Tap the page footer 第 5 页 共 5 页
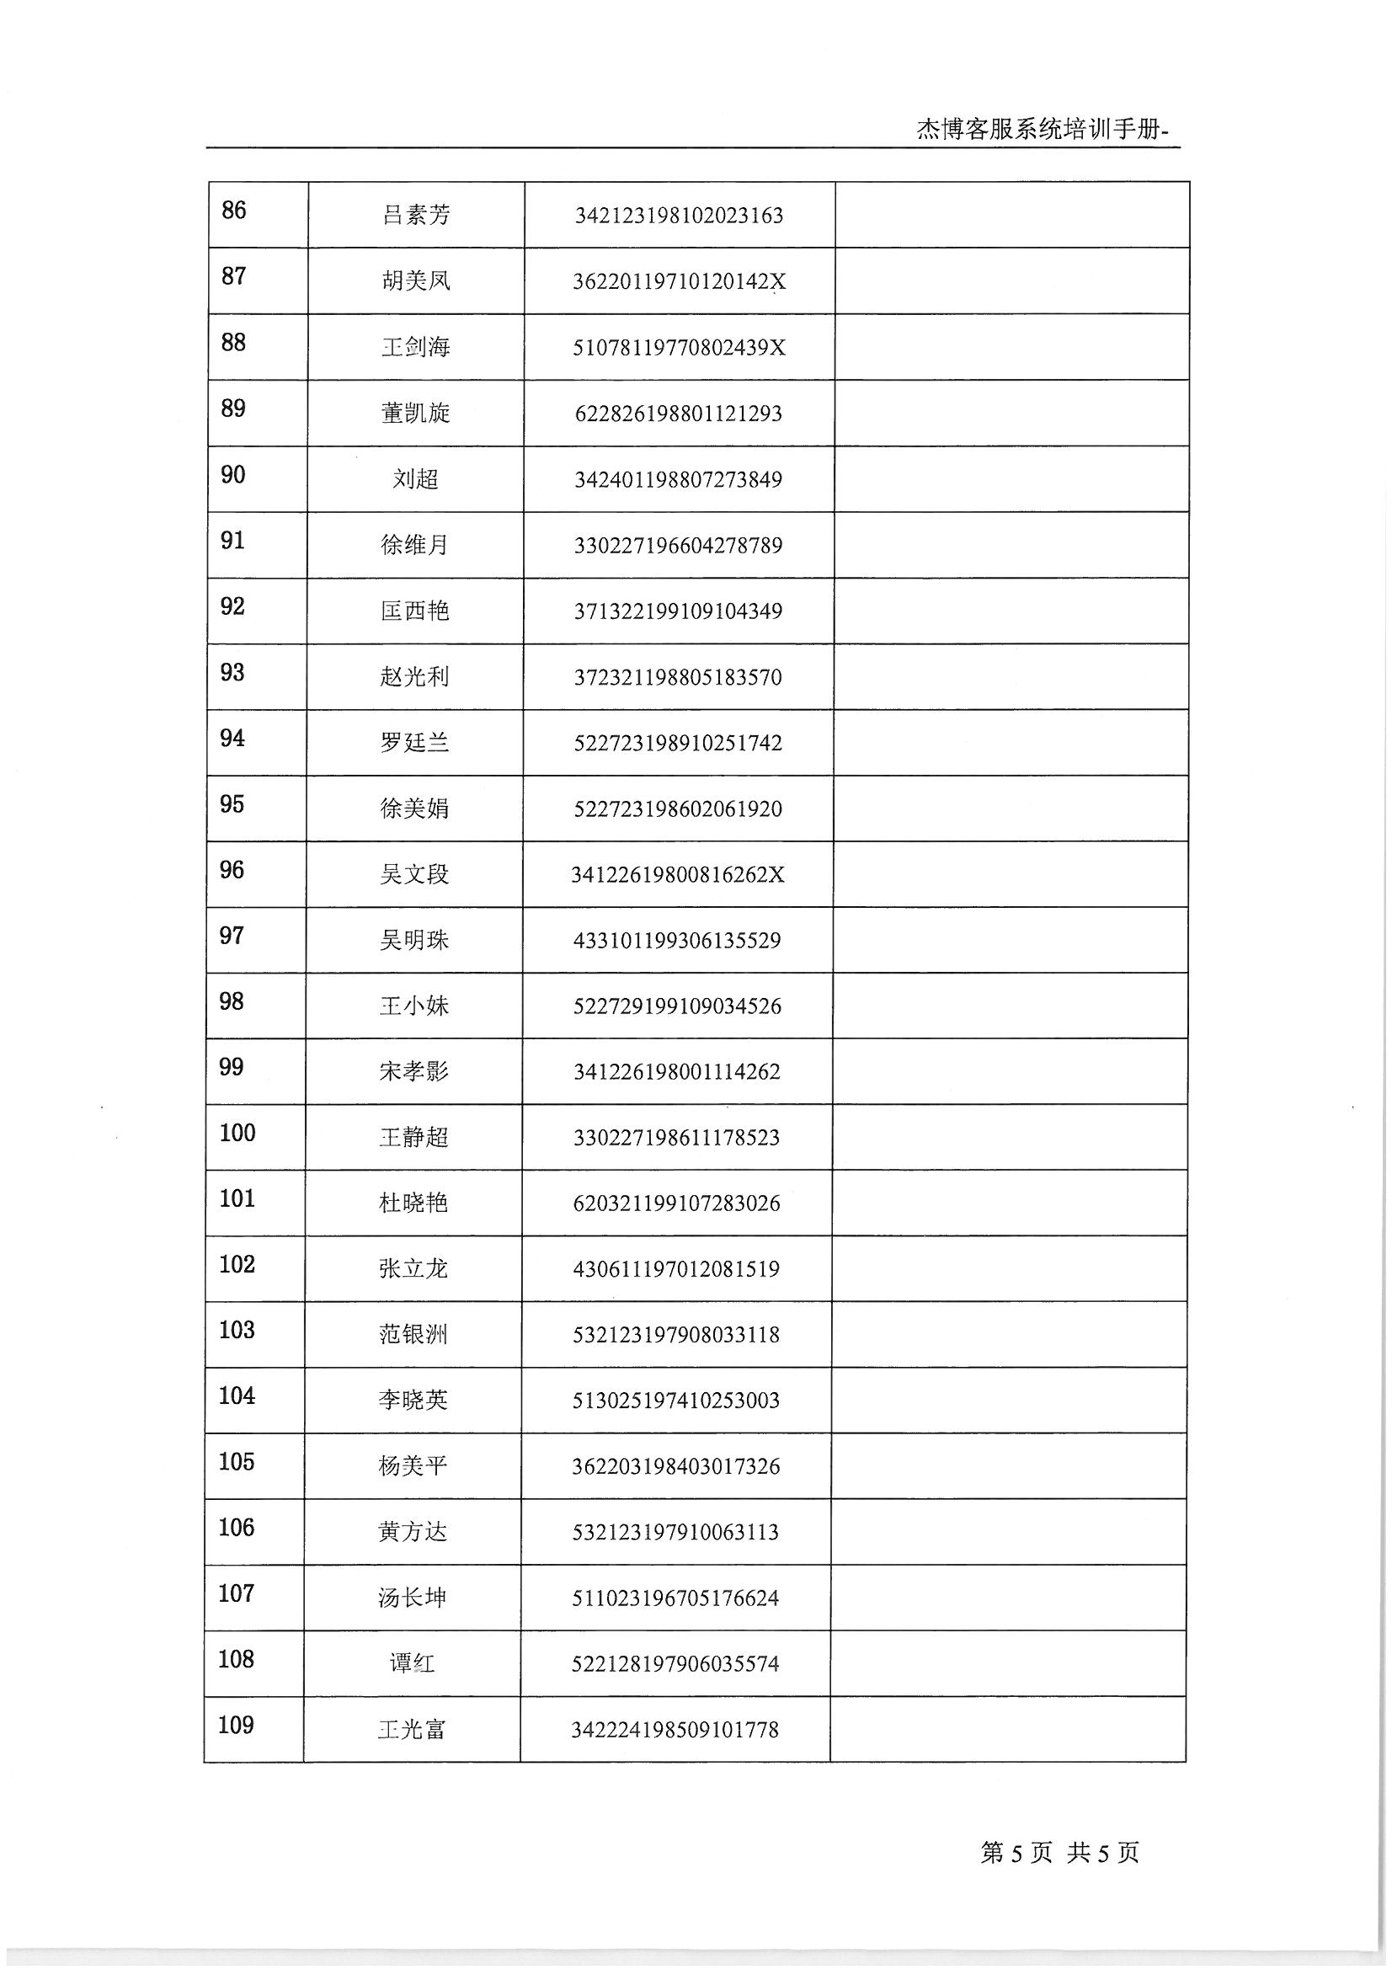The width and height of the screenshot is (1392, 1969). [1059, 1853]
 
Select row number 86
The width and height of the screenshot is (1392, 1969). [234, 210]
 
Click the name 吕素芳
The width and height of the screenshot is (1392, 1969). [416, 215]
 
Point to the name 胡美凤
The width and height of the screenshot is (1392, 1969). [416, 280]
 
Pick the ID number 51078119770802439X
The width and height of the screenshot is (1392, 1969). [679, 347]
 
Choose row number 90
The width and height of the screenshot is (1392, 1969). [233, 474]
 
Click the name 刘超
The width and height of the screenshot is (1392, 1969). [416, 478]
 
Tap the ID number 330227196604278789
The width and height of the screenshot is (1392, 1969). [678, 546]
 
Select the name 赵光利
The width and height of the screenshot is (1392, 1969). [415, 676]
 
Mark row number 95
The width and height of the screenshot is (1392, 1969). [232, 803]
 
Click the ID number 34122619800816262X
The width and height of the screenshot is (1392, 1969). [678, 875]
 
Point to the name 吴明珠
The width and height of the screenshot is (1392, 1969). [415, 940]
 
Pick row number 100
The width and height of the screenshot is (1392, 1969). [237, 1133]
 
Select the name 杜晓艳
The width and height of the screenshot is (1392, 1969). [414, 1203]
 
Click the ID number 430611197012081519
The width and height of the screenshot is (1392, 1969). [677, 1268]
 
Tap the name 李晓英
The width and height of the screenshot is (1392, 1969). [413, 1400]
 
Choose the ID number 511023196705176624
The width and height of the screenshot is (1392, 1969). [676, 1598]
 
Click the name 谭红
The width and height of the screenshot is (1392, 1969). [413, 1663]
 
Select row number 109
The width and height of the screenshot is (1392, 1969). [236, 1725]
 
